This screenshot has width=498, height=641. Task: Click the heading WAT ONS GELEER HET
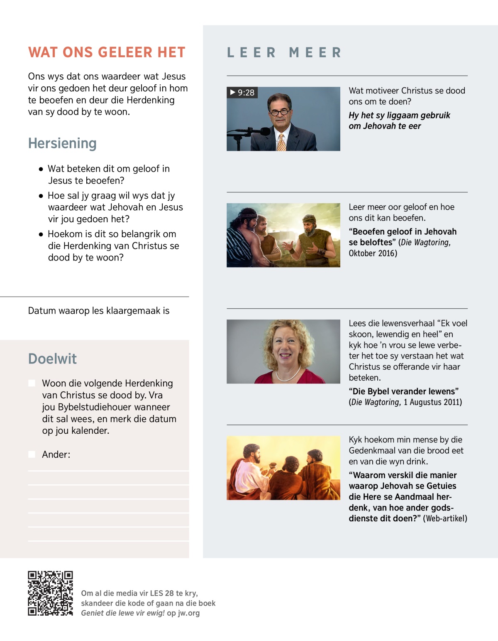pyautogui.click(x=107, y=52)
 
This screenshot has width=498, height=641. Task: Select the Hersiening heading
pyautogui.click(x=62, y=143)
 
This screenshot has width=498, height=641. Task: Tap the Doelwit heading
pyautogui.click(x=52, y=359)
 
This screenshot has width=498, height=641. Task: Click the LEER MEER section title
pyautogui.click(x=285, y=53)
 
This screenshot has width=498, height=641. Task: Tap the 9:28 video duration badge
pyautogui.click(x=242, y=92)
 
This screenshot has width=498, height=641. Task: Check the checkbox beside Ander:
pyautogui.click(x=32, y=454)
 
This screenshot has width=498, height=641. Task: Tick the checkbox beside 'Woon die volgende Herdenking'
pyautogui.click(x=32, y=383)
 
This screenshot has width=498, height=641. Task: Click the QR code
pyautogui.click(x=50, y=593)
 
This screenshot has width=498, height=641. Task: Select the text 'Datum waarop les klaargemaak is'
pyautogui.click(x=99, y=311)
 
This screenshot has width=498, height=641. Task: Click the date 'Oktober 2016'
pyautogui.click(x=372, y=253)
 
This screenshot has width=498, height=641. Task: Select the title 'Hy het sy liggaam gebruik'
pyautogui.click(x=399, y=115)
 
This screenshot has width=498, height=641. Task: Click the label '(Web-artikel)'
pyautogui.click(x=445, y=518)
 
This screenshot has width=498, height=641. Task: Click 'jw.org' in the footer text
pyautogui.click(x=189, y=613)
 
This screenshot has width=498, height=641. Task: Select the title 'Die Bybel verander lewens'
pyautogui.click(x=403, y=391)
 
